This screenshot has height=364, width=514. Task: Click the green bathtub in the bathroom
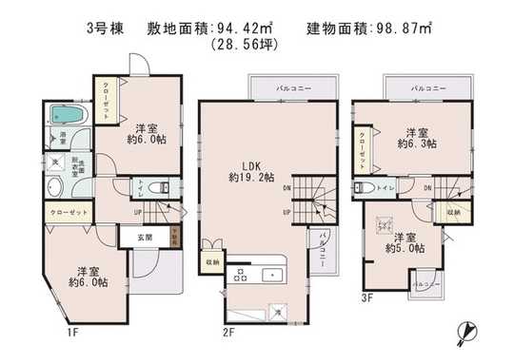click(x=69, y=116)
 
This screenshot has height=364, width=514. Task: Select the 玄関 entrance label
click(x=143, y=236)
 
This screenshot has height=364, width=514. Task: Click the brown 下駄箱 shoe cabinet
click(x=173, y=236)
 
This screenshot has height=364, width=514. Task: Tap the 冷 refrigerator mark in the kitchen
click(x=277, y=311)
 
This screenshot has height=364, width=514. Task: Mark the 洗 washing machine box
click(x=55, y=163)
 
